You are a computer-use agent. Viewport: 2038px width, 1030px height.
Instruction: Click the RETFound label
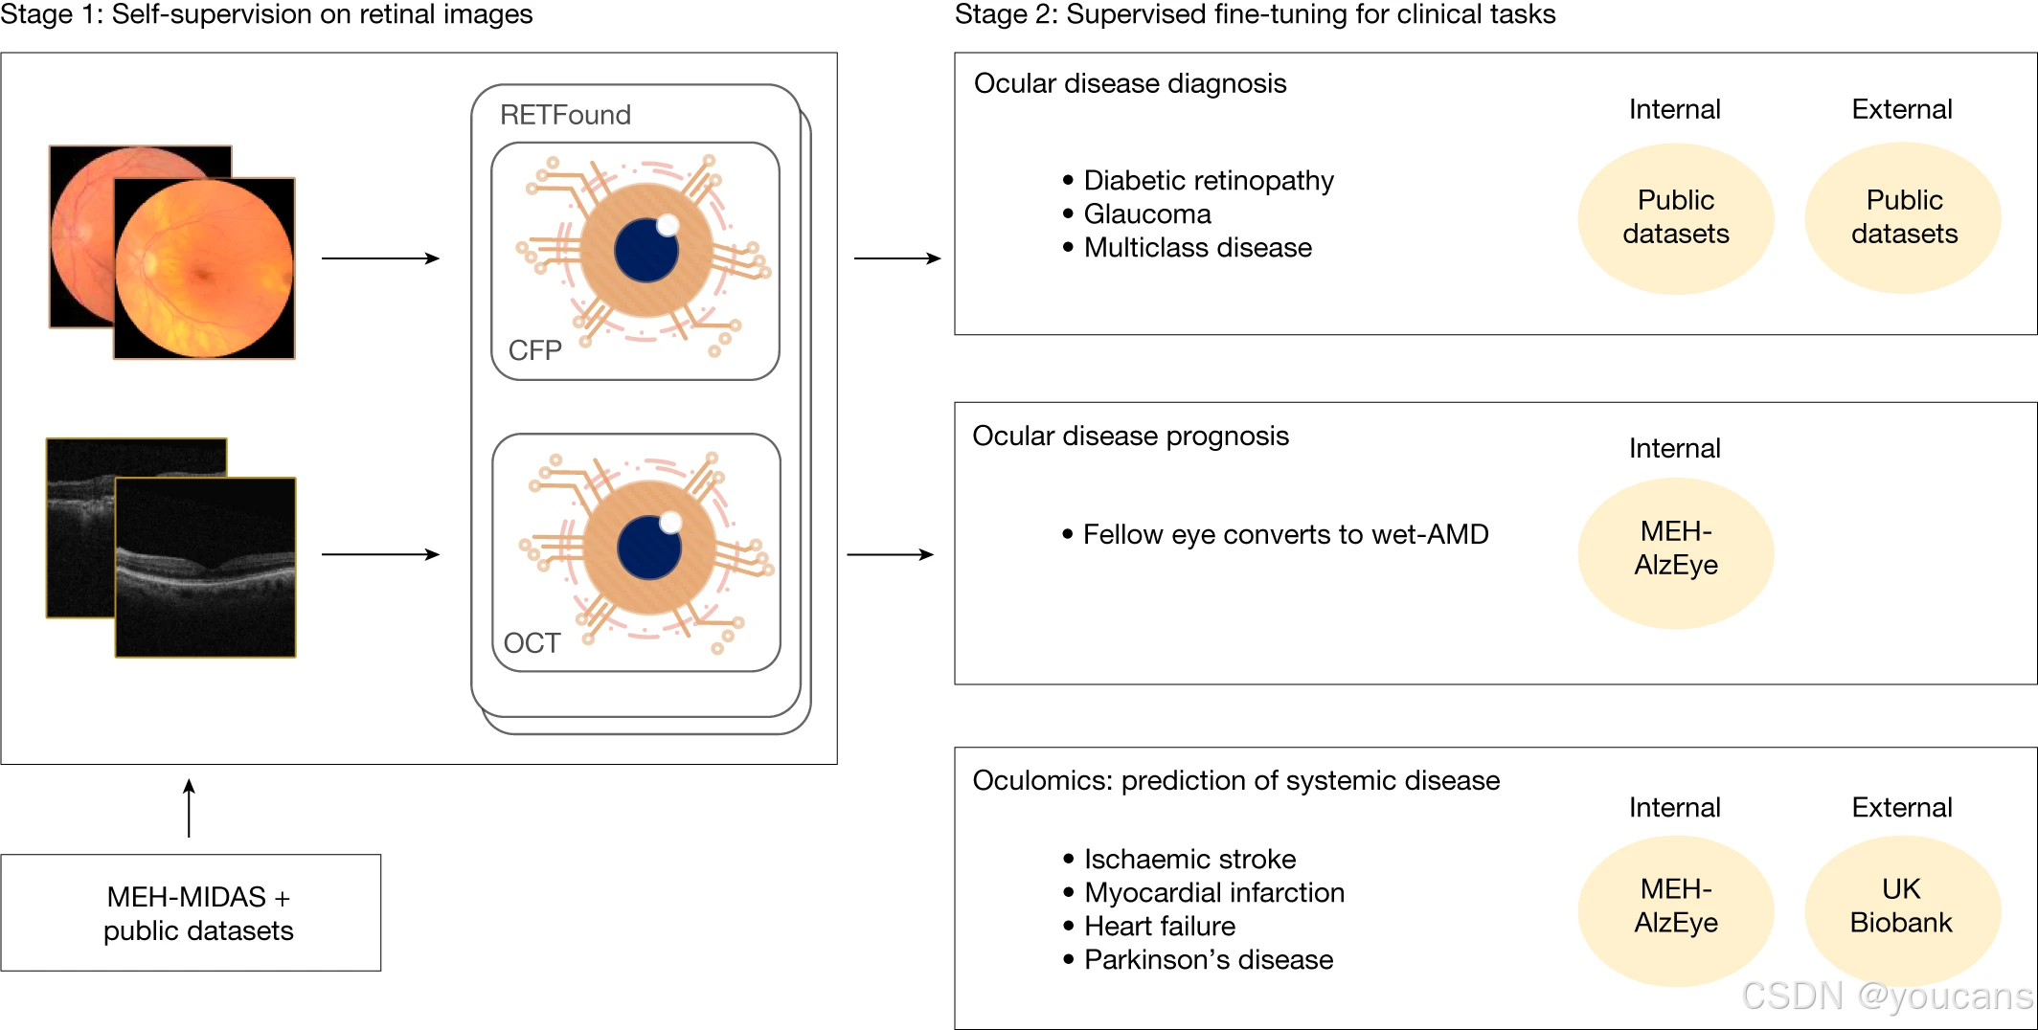pyautogui.click(x=565, y=115)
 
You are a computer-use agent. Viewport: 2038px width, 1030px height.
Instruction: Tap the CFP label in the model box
pyautogui.click(x=534, y=350)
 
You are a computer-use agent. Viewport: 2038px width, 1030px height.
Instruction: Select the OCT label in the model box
pyautogui.click(x=532, y=642)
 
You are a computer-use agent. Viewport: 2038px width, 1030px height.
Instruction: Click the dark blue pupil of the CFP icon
pyautogui.click(x=645, y=251)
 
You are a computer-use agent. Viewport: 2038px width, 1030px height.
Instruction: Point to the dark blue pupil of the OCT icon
pyautogui.click(x=649, y=548)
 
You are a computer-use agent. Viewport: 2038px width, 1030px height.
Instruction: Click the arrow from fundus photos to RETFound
pyautogui.click(x=380, y=258)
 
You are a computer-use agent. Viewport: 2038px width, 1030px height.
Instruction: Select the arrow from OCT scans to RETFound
pyautogui.click(x=380, y=554)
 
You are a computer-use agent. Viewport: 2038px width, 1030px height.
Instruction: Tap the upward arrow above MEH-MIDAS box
pyautogui.click(x=189, y=808)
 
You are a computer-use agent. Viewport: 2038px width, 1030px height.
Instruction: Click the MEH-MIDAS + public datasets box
pyautogui.click(x=191, y=912)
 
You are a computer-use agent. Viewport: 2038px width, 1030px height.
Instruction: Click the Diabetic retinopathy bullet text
pyautogui.click(x=1209, y=180)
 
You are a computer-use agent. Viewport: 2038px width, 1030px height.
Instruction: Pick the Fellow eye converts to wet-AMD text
pyautogui.click(x=1285, y=534)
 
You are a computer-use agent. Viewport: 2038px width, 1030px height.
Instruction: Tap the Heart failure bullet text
pyautogui.click(x=1160, y=926)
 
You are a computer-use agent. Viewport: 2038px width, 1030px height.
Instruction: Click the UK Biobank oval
pyautogui.click(x=1902, y=909)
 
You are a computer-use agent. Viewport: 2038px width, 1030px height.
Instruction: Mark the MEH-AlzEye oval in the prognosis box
pyautogui.click(x=1676, y=552)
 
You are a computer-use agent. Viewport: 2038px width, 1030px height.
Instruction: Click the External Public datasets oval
pyautogui.click(x=1903, y=217)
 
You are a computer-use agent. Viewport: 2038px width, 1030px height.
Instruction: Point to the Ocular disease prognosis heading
pyautogui.click(x=1131, y=436)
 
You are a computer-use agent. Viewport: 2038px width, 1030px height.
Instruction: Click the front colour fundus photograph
pyautogui.click(x=204, y=268)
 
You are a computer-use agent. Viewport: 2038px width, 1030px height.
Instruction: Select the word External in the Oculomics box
pyautogui.click(x=1902, y=807)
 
